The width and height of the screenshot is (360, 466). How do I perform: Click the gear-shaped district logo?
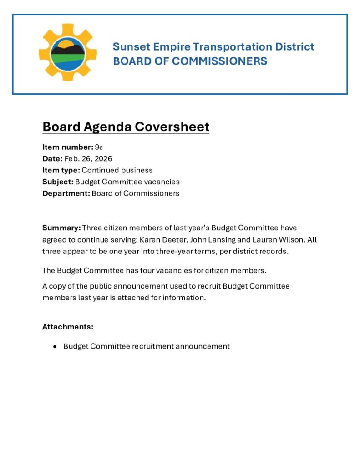(x=67, y=52)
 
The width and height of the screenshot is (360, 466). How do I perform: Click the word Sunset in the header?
(x=128, y=46)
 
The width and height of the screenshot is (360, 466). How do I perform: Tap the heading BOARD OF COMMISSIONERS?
(x=190, y=61)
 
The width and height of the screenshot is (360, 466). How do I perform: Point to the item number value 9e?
(x=99, y=147)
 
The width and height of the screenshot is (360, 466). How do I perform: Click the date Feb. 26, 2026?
(x=88, y=158)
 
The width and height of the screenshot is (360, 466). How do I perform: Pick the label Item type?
(x=61, y=170)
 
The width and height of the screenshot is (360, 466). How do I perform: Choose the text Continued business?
(x=117, y=170)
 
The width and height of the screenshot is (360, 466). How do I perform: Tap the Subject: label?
(x=58, y=182)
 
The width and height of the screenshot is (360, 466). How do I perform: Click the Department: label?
(x=66, y=193)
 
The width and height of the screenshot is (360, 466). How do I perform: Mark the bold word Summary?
(x=61, y=228)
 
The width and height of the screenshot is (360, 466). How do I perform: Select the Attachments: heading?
(x=68, y=327)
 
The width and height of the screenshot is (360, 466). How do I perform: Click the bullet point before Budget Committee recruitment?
(x=55, y=346)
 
